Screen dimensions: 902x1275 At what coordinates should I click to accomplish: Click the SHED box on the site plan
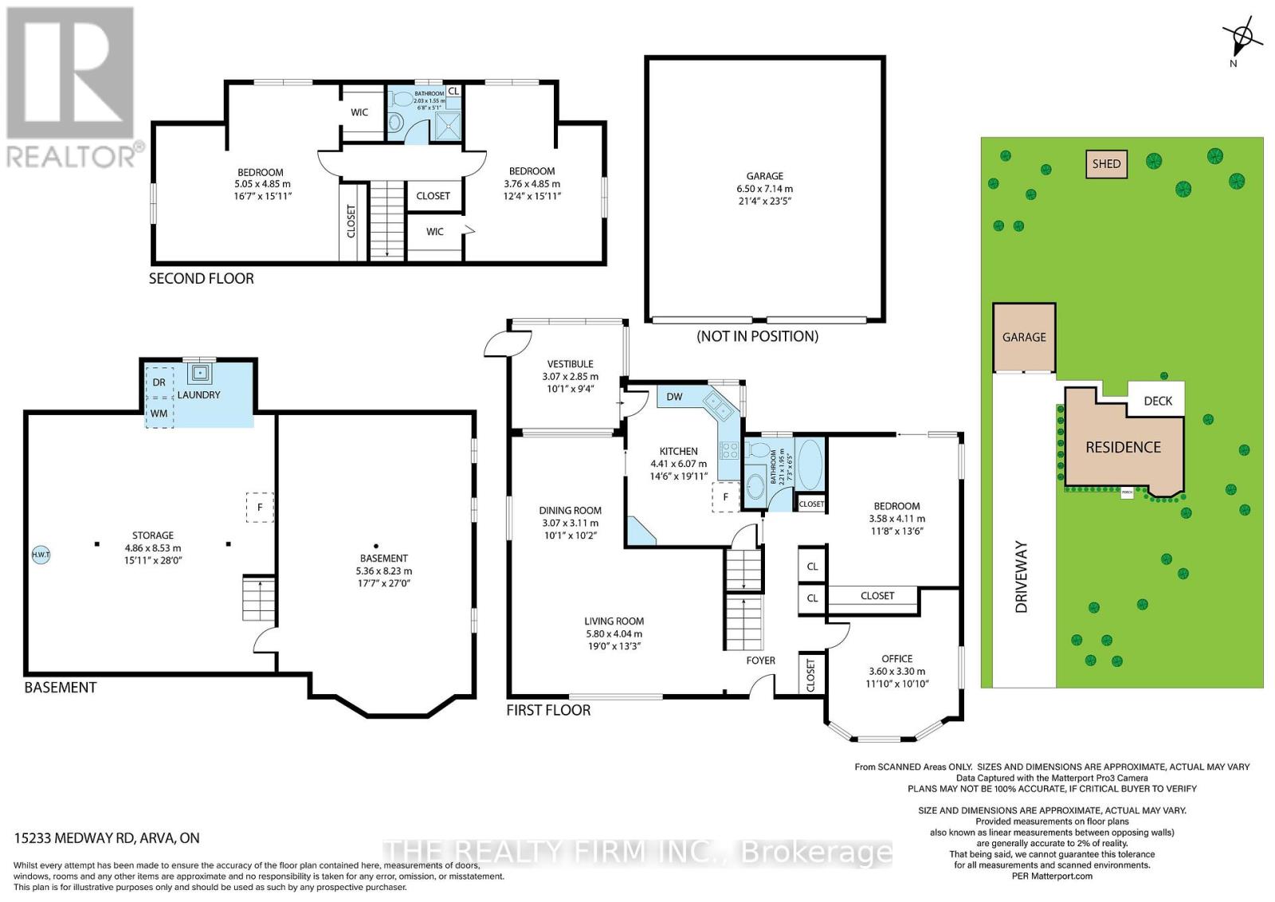coord(1106,164)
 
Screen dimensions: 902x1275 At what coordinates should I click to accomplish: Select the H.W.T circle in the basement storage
coord(40,555)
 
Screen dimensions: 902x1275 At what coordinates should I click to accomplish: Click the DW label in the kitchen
coord(674,397)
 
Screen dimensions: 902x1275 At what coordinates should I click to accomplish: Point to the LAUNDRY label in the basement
coord(198,394)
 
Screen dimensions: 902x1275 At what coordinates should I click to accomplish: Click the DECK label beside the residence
coord(1157,401)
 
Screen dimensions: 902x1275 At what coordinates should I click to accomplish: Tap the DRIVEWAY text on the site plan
coord(1022,576)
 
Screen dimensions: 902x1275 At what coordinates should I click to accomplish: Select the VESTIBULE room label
coord(570,363)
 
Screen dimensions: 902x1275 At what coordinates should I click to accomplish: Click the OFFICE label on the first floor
coord(896,659)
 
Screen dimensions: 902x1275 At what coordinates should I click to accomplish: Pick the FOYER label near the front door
coord(760,661)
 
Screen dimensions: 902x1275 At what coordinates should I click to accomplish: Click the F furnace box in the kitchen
coord(725,497)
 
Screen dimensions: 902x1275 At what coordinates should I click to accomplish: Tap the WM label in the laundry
coord(159,414)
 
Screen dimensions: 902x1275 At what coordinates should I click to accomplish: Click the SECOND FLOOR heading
coord(202,279)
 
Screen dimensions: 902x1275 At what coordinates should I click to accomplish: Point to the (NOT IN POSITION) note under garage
coord(757,335)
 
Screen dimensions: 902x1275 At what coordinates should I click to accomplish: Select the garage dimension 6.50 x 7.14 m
coord(764,189)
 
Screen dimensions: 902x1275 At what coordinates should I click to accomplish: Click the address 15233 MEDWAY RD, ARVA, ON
coord(107,838)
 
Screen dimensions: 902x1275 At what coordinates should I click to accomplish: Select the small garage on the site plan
coord(1024,337)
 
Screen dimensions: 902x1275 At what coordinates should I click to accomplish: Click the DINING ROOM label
coord(570,511)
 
